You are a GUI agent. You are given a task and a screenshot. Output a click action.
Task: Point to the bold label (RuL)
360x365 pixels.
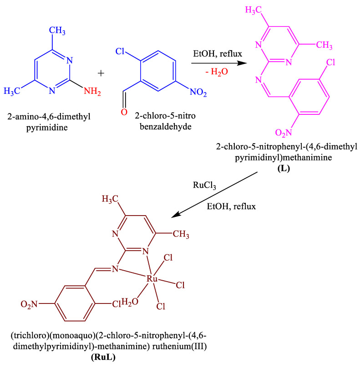[103, 357]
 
